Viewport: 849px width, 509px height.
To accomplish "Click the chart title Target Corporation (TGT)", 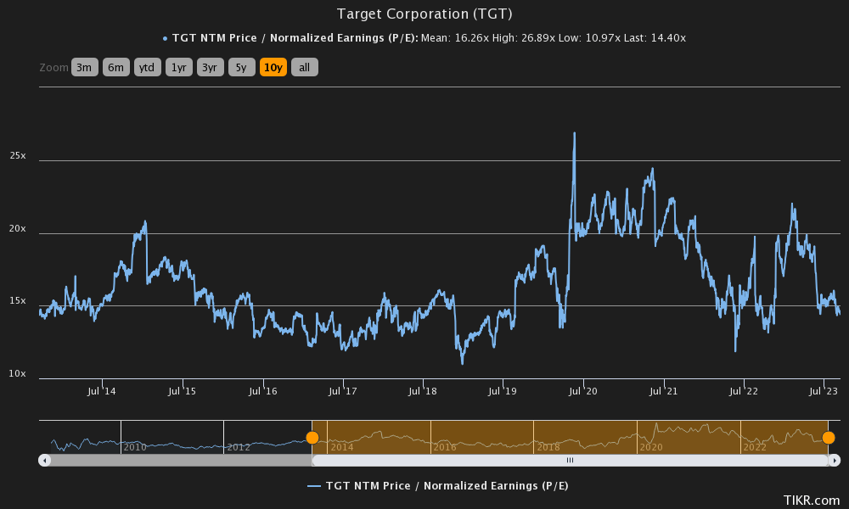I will click(x=424, y=14).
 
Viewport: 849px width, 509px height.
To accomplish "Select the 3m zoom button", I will click(x=85, y=68).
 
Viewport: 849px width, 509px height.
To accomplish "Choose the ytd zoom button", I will click(x=147, y=68).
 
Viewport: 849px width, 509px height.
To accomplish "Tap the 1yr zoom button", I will click(x=178, y=68).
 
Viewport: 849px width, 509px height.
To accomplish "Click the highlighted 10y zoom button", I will click(x=273, y=68).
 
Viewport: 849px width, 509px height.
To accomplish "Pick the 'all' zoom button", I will click(x=304, y=68).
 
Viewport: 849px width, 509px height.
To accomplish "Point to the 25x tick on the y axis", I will click(x=18, y=156).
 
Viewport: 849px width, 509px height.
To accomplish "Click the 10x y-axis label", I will click(x=18, y=374).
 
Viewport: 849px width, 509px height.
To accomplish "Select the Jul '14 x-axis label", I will click(x=102, y=391).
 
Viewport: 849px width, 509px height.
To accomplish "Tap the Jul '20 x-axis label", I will click(x=583, y=391).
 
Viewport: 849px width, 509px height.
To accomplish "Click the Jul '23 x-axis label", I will click(x=824, y=391).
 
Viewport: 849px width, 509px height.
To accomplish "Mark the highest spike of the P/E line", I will click(x=575, y=133).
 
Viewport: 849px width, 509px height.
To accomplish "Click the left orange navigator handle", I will click(x=312, y=438).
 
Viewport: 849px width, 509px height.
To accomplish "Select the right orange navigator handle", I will click(x=829, y=438).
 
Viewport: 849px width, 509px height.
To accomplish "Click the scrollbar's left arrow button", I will click(x=45, y=460).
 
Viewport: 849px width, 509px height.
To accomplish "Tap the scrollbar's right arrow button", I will click(x=835, y=460).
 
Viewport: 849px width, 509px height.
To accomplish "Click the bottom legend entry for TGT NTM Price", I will click(x=437, y=485).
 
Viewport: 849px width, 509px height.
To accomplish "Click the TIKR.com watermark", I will click(x=811, y=501).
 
